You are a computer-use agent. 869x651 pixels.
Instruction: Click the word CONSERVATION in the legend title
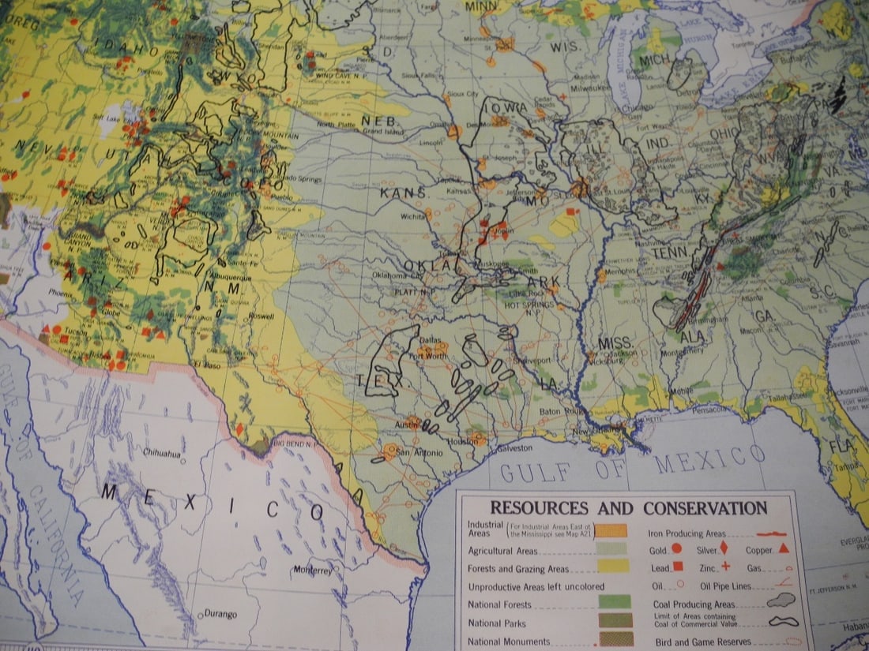705,508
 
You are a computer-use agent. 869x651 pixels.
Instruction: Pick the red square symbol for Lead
677,567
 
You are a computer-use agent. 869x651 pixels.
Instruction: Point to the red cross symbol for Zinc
725,567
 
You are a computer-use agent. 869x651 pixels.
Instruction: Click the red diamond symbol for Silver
724,549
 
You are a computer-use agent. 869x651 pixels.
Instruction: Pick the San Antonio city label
415,453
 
